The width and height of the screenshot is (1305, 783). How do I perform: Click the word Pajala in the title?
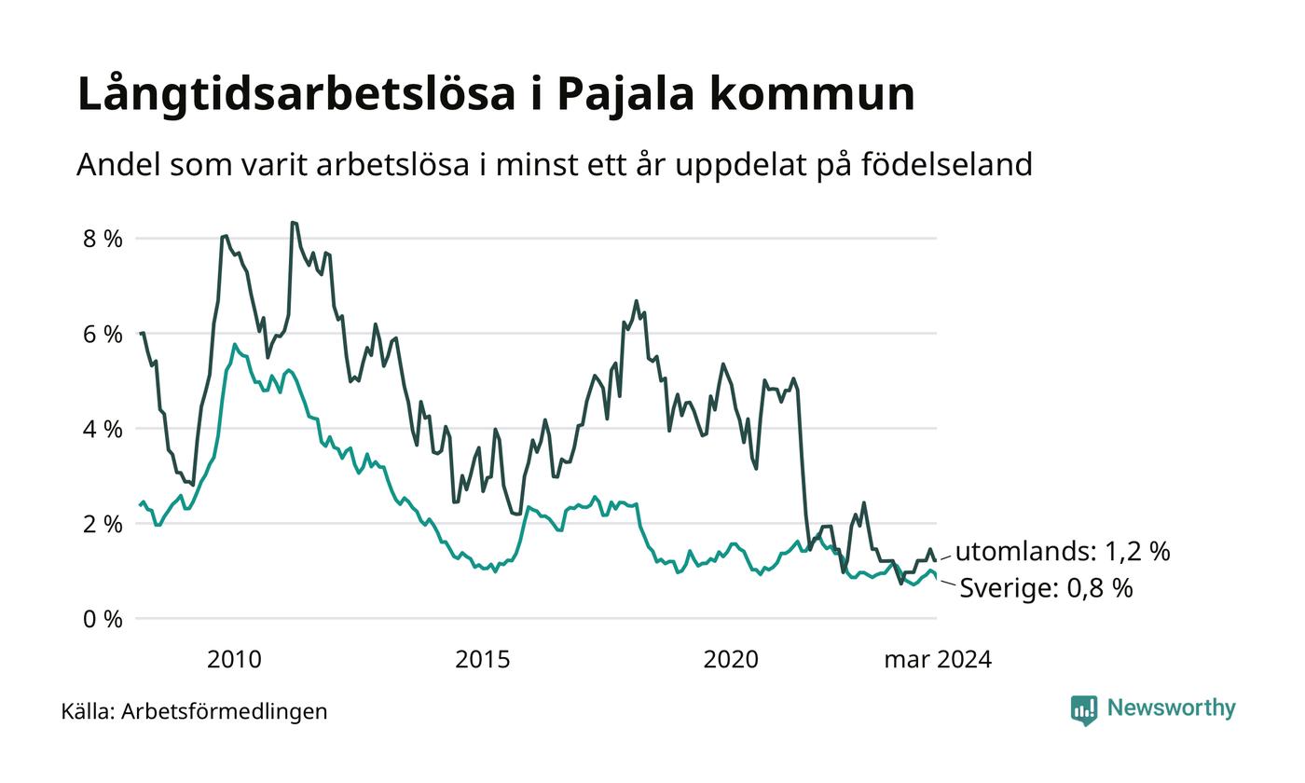pos(625,94)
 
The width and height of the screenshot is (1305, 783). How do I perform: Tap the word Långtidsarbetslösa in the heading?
pos(296,93)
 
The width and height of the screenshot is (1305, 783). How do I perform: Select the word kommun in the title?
pos(812,93)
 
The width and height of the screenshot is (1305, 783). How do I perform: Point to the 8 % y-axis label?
pos(103,239)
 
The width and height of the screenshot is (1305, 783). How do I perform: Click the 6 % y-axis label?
pos(103,335)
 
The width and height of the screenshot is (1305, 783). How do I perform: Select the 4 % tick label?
pos(103,430)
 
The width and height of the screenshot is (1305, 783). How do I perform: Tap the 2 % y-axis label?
pos(103,524)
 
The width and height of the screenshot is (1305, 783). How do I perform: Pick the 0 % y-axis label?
pos(103,619)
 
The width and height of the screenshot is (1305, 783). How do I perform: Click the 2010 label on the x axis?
pos(234,660)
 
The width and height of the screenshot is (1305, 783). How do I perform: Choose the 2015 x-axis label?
pos(483,660)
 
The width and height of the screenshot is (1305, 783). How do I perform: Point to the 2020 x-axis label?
pos(731,660)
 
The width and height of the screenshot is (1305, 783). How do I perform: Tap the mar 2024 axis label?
pos(938,660)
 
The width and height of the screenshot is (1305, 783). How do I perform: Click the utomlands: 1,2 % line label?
pos(1063,551)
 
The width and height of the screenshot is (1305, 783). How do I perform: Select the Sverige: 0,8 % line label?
pos(1046,588)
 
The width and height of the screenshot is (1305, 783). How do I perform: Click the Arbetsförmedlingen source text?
pos(225,711)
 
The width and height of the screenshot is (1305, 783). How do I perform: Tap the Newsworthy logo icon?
pos(1083,710)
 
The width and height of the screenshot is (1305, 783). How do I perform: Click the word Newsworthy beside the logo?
pos(1171,707)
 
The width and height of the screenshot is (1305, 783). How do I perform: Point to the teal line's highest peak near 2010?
pos(235,344)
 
